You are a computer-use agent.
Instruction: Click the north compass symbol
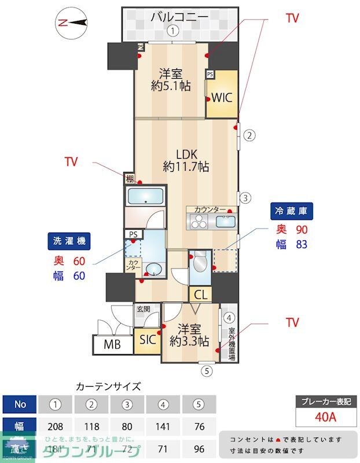[71, 23]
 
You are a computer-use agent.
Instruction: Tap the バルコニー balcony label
[179, 17]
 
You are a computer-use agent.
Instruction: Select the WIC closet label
[221, 97]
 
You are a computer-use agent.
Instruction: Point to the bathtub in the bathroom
[146, 197]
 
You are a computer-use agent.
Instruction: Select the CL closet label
[201, 295]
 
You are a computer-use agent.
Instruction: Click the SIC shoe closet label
[148, 340]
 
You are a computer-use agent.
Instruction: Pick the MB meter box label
[112, 346]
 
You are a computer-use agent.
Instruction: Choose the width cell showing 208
[56, 427]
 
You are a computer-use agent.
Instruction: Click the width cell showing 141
[163, 427]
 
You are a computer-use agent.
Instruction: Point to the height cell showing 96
[199, 448]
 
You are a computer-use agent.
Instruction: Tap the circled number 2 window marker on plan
[248, 136]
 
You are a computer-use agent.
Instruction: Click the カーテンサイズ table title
[108, 386]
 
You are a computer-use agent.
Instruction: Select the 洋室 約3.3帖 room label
[189, 335]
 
